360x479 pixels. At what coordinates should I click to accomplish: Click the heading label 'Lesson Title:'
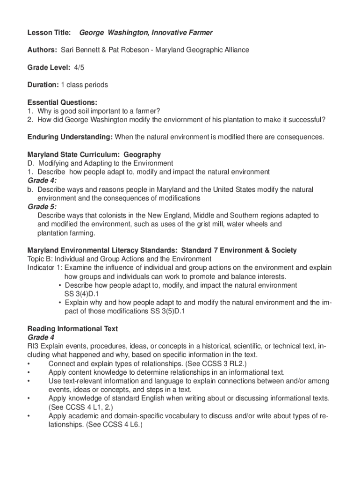click(x=49, y=33)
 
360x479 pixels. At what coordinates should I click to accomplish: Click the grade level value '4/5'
click(x=79, y=67)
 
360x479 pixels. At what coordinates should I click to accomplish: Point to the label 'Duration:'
click(x=43, y=85)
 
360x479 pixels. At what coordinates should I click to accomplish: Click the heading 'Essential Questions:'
click(x=62, y=102)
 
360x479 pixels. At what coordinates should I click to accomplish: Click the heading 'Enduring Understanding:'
click(x=70, y=137)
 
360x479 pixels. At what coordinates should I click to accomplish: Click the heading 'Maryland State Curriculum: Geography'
click(x=94, y=154)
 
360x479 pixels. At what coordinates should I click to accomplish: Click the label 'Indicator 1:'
click(x=45, y=268)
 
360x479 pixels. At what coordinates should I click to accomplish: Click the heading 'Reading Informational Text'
click(x=72, y=329)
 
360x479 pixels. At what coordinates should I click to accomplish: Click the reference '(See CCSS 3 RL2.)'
click(x=216, y=363)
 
